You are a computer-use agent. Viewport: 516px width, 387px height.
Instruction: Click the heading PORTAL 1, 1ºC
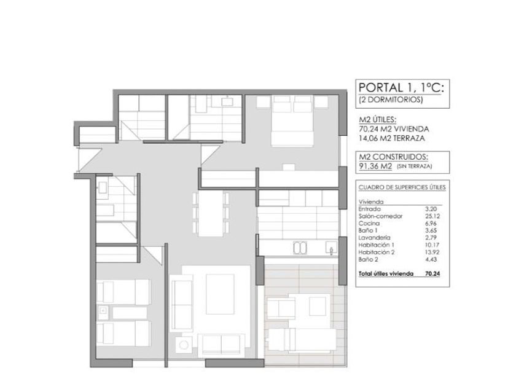click(401, 87)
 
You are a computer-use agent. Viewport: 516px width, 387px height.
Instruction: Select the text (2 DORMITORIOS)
click(391, 100)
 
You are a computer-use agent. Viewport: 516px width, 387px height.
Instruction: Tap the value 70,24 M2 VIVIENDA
click(394, 129)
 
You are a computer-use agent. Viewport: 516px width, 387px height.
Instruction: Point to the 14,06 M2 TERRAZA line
click(392, 138)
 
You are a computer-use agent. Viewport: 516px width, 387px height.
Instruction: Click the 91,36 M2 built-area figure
click(375, 166)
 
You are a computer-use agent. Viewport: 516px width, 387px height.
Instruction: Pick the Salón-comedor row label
click(380, 216)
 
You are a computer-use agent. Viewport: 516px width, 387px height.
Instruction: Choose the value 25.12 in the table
click(432, 216)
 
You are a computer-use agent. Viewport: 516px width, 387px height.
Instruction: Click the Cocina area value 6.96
click(431, 224)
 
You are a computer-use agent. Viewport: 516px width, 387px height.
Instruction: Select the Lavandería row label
click(375, 238)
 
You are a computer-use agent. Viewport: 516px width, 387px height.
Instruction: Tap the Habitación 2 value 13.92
click(432, 252)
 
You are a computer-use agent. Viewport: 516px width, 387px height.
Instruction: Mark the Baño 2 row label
click(368, 259)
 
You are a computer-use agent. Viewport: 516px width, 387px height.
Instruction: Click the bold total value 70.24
click(432, 273)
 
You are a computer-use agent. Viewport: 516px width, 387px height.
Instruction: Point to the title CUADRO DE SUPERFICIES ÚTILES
click(402, 187)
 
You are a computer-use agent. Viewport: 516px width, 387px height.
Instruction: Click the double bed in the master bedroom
click(292, 120)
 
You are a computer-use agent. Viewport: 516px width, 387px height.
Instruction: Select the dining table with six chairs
click(211, 214)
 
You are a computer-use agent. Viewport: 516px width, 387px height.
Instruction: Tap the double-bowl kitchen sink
click(300, 248)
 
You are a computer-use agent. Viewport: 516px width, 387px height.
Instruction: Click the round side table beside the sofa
click(183, 345)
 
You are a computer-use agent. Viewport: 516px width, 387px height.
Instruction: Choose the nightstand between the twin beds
click(103, 313)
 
